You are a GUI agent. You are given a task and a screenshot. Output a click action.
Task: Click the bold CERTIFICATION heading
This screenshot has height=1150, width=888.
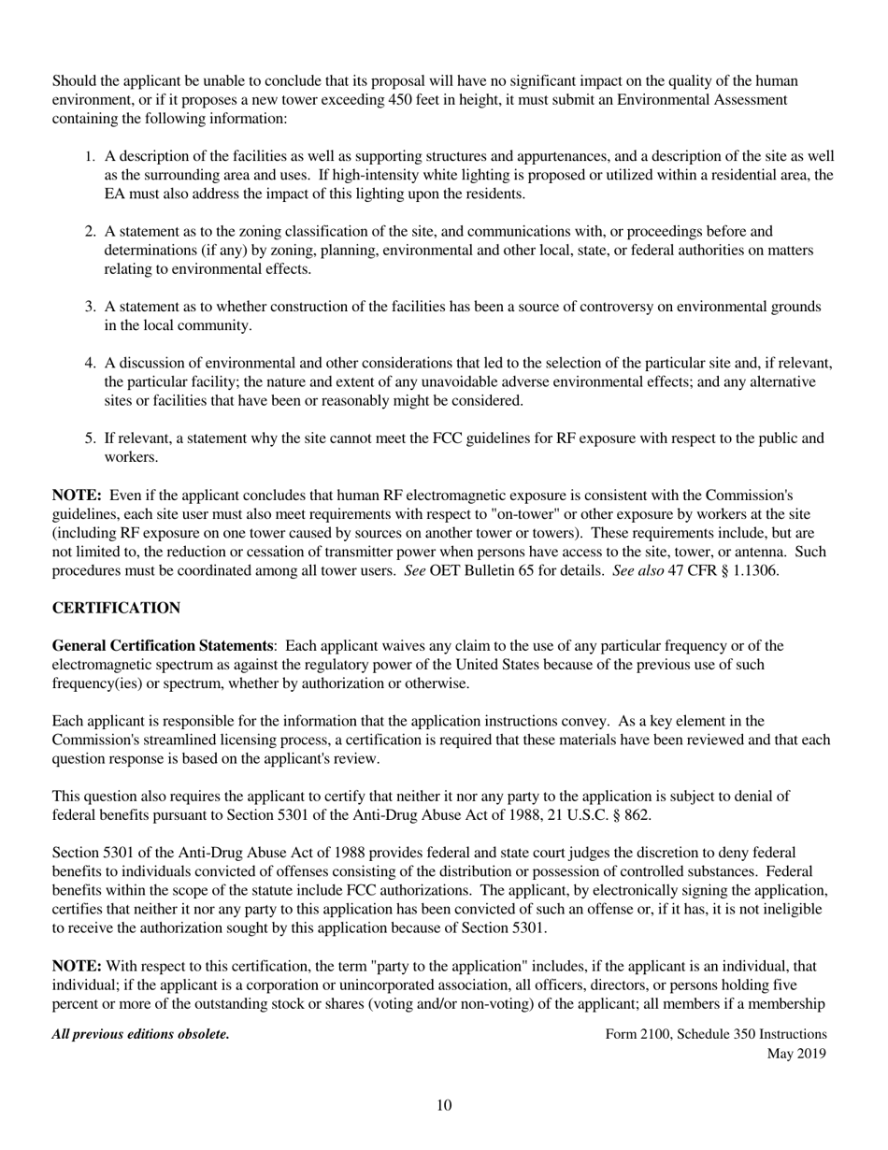(x=116, y=609)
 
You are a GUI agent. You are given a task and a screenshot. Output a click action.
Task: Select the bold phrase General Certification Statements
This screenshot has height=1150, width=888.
(x=163, y=646)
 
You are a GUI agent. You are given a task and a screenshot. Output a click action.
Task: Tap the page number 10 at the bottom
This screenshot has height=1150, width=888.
(x=444, y=1106)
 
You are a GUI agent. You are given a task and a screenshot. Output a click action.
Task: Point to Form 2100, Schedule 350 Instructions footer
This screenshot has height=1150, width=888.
(x=716, y=1034)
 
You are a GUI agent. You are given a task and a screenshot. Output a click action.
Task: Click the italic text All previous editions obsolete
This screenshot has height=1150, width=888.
(x=140, y=1034)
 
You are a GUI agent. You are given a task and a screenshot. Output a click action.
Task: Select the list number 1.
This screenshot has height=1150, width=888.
(x=91, y=157)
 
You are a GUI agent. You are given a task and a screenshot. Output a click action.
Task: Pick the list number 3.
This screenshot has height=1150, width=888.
(x=91, y=307)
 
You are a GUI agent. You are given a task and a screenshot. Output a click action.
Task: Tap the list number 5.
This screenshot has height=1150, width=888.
(x=91, y=438)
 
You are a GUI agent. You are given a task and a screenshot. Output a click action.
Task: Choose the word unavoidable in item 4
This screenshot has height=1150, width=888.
(x=496, y=382)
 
